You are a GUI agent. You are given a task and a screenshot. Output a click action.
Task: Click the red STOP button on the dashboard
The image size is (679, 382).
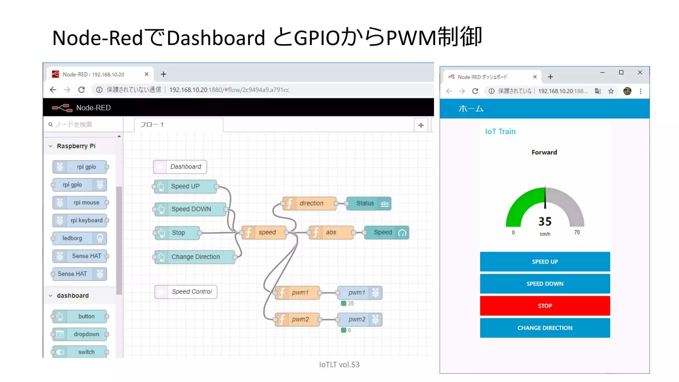click(x=545, y=306)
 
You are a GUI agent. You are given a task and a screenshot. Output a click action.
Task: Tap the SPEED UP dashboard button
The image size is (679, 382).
click(x=545, y=262)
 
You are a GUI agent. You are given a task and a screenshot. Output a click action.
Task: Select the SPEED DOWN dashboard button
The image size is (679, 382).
click(x=545, y=284)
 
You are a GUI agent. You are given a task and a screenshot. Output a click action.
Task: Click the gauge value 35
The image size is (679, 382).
click(x=545, y=221)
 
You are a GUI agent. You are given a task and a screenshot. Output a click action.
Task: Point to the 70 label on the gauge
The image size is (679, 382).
click(x=577, y=232)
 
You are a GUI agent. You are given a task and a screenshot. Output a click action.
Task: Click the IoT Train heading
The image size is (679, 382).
click(x=500, y=132)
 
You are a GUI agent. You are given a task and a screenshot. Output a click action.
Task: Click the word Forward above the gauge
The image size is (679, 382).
click(x=544, y=152)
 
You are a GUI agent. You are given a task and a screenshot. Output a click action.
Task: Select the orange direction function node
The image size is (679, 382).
click(x=310, y=203)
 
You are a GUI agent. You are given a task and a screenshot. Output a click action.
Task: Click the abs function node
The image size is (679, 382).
click(x=331, y=232)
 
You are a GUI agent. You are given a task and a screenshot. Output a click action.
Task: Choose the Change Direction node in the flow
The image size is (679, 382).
click(x=195, y=257)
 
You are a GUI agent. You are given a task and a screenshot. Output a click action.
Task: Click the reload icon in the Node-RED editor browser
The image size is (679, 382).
click(x=81, y=90)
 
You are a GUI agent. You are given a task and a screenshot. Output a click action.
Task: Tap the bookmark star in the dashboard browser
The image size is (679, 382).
click(x=611, y=91)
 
